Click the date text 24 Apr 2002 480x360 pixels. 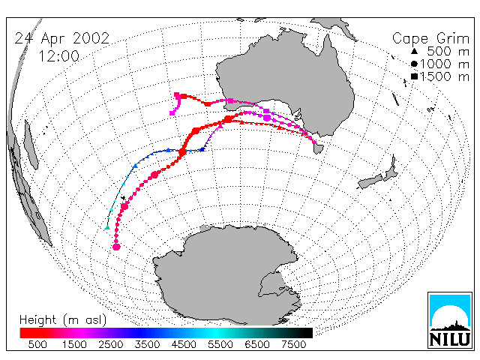(x=62, y=38)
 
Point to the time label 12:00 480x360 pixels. (x=58, y=56)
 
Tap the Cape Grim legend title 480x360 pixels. (x=430, y=39)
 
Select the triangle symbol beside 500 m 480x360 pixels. (x=414, y=52)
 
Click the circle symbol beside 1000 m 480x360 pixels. (x=414, y=64)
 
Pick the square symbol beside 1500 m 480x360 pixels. (x=414, y=76)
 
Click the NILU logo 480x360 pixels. (x=450, y=320)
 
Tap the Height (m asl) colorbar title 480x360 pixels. (x=63, y=320)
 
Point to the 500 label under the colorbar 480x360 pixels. (x=37, y=344)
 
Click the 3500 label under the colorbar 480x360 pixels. (x=147, y=344)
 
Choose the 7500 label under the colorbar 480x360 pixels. (x=293, y=344)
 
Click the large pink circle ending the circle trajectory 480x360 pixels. (x=116, y=247)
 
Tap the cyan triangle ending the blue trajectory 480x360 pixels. (x=107, y=227)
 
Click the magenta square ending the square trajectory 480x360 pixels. (x=172, y=113)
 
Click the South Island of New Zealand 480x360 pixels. (x=370, y=181)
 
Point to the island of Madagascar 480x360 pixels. (x=31, y=145)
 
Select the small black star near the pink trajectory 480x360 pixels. (x=123, y=198)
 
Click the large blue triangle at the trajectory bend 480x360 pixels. (x=202, y=149)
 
